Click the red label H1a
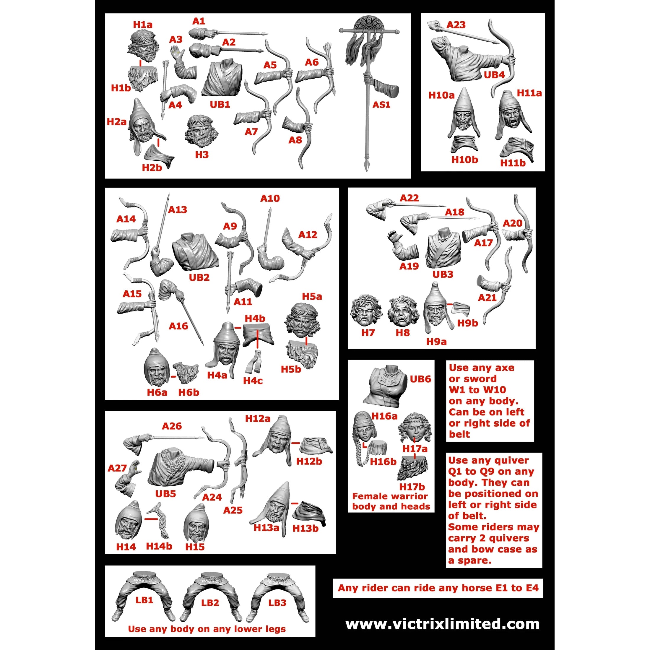click(x=143, y=25)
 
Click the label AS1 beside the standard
click(x=381, y=105)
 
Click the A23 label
click(x=456, y=25)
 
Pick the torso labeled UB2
click(x=195, y=251)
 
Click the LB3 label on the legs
click(x=277, y=602)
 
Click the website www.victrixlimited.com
click(x=442, y=624)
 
